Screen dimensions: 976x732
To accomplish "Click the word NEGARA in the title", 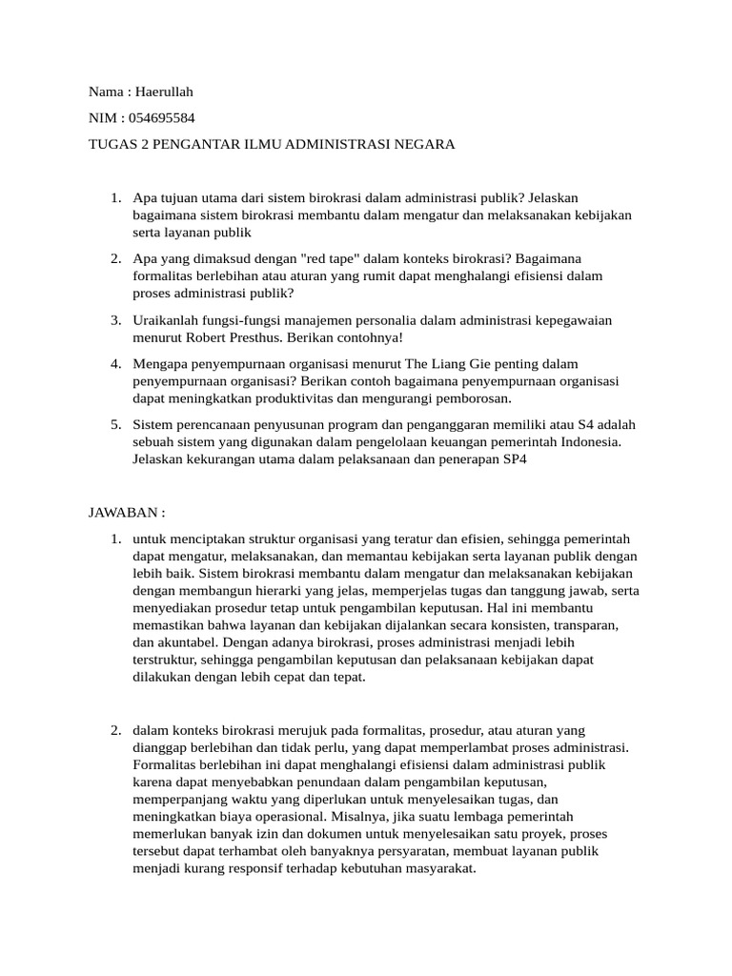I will [x=425, y=145].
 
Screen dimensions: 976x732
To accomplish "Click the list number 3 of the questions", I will [x=114, y=320].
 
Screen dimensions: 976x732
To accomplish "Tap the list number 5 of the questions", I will [x=114, y=424].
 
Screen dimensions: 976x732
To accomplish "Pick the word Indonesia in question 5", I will [x=589, y=441].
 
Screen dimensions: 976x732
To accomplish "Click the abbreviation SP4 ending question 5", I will [x=515, y=458].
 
